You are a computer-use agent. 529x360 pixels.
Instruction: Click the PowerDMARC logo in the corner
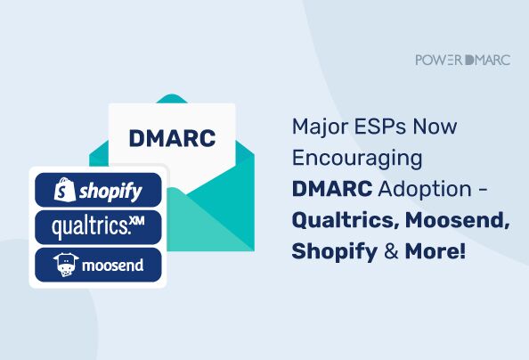(x=462, y=60)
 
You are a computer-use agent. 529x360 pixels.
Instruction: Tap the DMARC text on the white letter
(x=170, y=139)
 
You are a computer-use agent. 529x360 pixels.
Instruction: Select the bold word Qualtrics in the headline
(x=338, y=221)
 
